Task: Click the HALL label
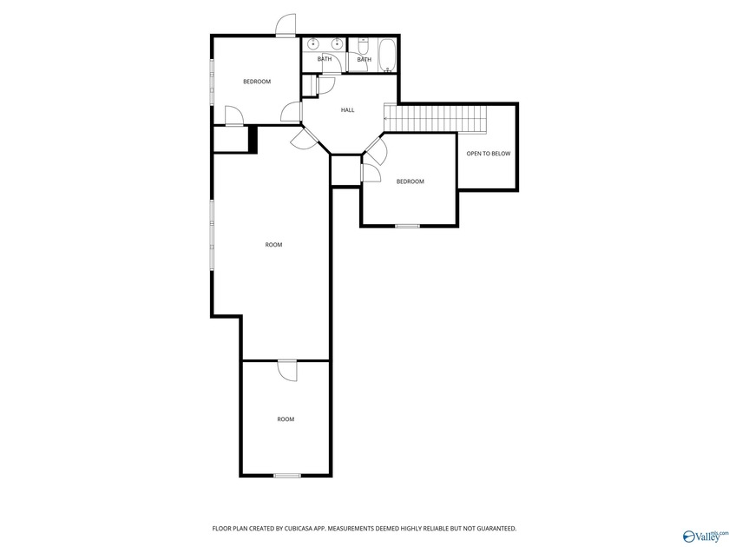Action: tap(347, 110)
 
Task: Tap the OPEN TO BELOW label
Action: tap(488, 154)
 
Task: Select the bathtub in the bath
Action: tap(387, 56)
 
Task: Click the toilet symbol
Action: tap(363, 45)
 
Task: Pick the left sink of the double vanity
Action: tap(314, 43)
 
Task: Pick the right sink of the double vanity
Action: tap(337, 43)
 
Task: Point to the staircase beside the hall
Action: tap(435, 119)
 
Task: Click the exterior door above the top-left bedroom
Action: tap(286, 25)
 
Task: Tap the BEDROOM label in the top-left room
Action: tap(257, 82)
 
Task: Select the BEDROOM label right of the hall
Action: tap(410, 181)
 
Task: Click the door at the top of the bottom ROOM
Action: tap(287, 371)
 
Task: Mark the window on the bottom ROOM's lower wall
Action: tap(287, 476)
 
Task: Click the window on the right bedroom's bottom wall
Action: tap(407, 226)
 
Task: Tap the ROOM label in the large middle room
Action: tap(273, 245)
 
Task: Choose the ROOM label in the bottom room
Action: tap(286, 419)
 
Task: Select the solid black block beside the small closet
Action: tap(253, 139)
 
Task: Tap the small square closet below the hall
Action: tap(345, 171)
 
